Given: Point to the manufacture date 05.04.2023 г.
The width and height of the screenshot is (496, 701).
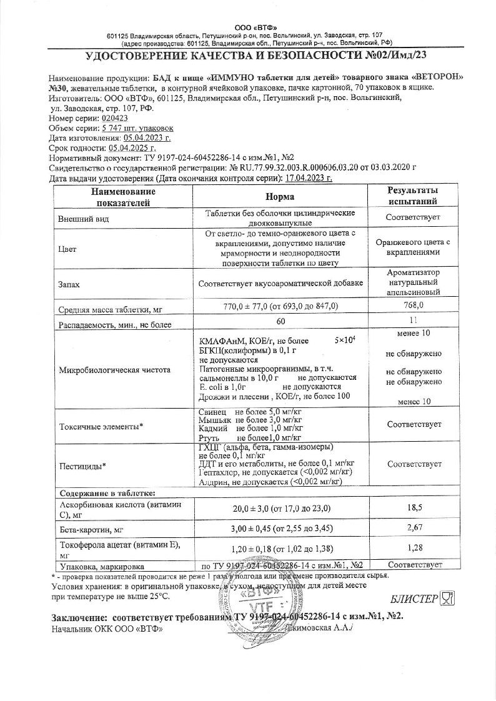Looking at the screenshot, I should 147,137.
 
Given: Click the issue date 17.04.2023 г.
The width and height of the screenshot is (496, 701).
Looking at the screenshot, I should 309,178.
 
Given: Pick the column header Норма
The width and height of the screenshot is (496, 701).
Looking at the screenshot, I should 280,197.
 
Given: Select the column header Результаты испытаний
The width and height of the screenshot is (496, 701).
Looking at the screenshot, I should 413,196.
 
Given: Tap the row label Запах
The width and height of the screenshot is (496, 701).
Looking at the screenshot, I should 69,284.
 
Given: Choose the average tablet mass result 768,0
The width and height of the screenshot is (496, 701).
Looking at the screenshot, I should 413,305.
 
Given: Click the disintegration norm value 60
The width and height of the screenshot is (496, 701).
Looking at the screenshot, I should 280,321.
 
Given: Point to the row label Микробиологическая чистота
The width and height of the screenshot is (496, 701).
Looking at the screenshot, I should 114,370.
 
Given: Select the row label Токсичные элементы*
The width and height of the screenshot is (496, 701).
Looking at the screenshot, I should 101,427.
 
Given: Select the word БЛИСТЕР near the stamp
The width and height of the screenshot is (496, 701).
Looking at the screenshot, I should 414,599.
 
